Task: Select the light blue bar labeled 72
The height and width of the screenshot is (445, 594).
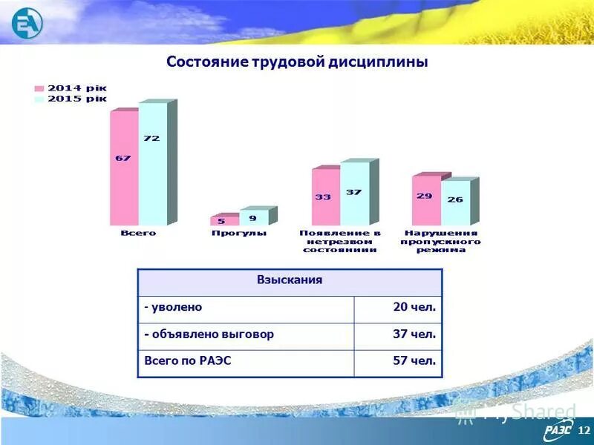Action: tap(152, 164)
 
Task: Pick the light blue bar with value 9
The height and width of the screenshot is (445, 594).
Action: tap(253, 218)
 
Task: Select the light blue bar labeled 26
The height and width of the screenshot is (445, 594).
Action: tap(455, 202)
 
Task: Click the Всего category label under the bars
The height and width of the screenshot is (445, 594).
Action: tap(139, 233)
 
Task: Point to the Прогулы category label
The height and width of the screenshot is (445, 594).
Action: tap(239, 233)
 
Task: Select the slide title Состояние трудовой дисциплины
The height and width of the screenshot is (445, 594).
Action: tap(297, 62)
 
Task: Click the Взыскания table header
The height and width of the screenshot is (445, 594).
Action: tap(290, 281)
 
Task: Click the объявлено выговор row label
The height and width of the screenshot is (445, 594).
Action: tap(209, 334)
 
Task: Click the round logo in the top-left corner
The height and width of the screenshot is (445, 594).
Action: tap(27, 22)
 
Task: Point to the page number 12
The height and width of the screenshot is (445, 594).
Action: tap(582, 430)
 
